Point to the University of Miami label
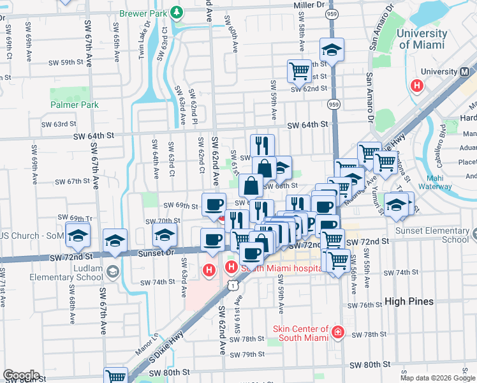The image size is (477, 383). click(422, 39)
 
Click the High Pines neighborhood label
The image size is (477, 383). click(409, 301)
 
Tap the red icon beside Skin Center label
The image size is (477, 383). click(337, 333)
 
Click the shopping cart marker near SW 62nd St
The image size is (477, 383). click(299, 72)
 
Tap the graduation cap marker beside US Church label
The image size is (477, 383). click(78, 236)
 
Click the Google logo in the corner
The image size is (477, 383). click(20, 375)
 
